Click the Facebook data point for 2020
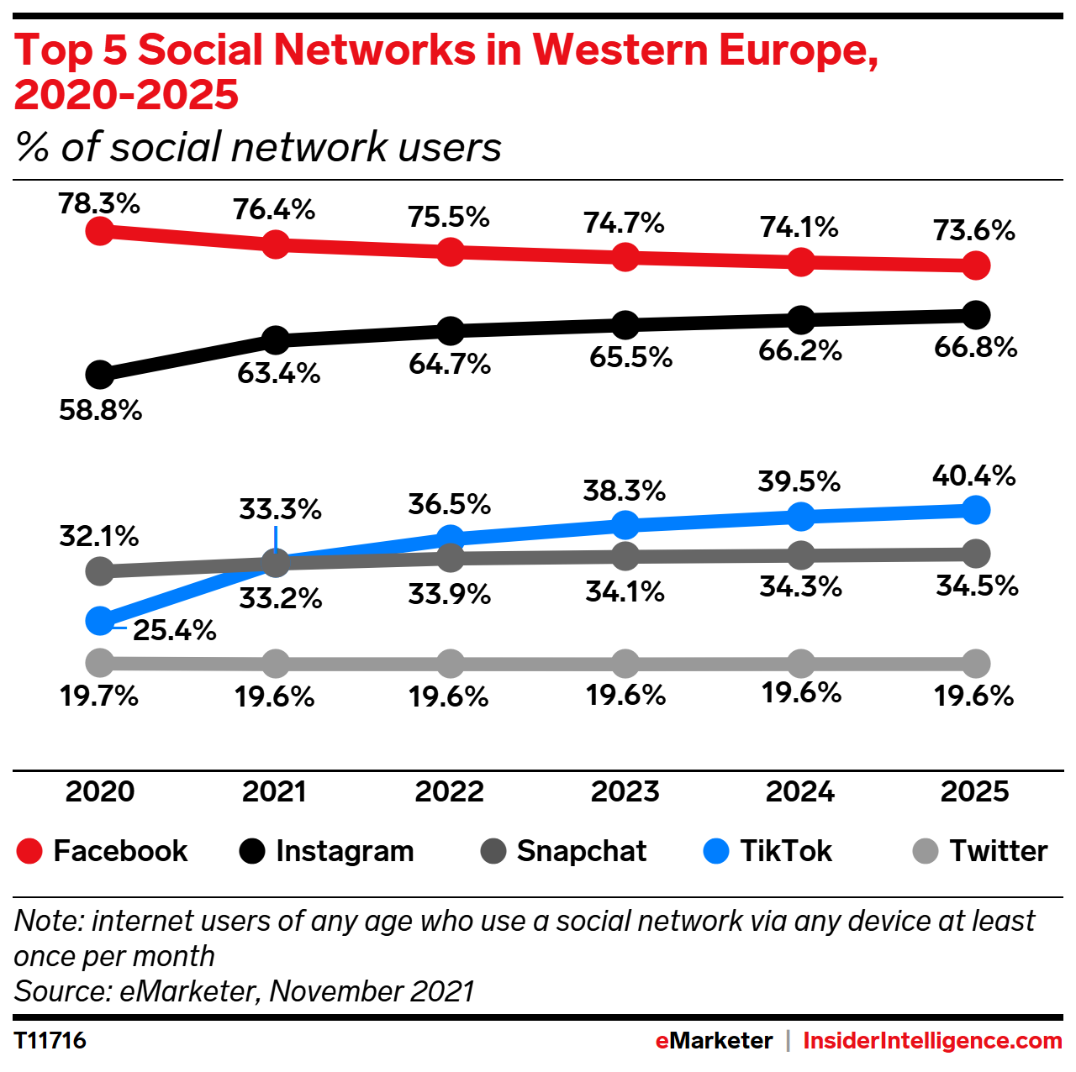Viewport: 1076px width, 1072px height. coord(100,230)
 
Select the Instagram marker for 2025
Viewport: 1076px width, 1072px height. coord(975,315)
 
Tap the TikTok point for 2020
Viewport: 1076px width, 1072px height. coord(100,621)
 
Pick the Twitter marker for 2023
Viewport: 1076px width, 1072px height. coord(625,664)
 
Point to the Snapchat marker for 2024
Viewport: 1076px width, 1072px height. coord(801,554)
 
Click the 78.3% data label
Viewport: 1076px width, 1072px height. coord(99,203)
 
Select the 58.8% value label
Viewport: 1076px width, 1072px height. coord(100,410)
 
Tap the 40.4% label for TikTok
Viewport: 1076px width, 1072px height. coord(973,476)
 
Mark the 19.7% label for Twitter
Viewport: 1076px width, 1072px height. coord(99,696)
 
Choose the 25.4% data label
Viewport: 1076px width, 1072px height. coord(175,630)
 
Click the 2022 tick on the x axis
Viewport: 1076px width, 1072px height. coord(450,791)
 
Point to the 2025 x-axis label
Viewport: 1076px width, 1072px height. coord(974,791)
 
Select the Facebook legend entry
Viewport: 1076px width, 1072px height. coord(103,851)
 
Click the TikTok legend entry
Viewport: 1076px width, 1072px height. coord(767,851)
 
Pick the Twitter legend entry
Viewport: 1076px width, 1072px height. coord(980,851)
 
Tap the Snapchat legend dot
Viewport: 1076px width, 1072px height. coord(493,851)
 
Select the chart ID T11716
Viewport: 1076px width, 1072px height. coord(50,1041)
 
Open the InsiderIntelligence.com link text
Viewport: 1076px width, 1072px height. coord(932,1041)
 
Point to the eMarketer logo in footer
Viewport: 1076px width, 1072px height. coord(714,1041)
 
